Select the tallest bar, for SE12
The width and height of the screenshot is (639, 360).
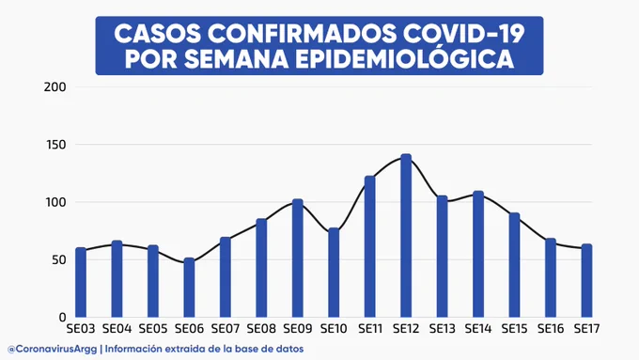pyautogui.click(x=406, y=236)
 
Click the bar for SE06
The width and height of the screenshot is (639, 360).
pyautogui.click(x=189, y=288)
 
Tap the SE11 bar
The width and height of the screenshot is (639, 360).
pyautogui.click(x=369, y=246)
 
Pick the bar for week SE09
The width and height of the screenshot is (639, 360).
pyautogui.click(x=298, y=258)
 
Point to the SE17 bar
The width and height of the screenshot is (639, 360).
pyautogui.click(x=586, y=281)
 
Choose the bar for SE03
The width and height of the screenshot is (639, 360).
pyautogui.click(x=81, y=283)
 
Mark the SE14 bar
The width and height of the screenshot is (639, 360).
pyautogui.click(x=478, y=254)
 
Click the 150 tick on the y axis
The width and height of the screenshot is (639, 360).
pyautogui.click(x=55, y=145)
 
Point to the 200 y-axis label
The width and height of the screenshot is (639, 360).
pyautogui.click(x=55, y=86)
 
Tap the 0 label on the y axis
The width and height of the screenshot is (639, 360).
pyautogui.click(x=62, y=317)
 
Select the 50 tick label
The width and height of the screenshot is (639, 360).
pyautogui.click(x=58, y=259)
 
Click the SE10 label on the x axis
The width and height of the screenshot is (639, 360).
pyautogui.click(x=334, y=329)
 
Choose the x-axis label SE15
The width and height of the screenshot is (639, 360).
pyautogui.click(x=514, y=329)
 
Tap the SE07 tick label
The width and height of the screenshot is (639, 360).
pyautogui.click(x=225, y=329)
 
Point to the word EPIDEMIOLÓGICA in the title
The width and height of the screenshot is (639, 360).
pyautogui.click(x=405, y=58)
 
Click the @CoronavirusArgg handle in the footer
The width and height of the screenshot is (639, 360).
pyautogui.click(x=53, y=350)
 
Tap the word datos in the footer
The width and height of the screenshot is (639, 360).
pyautogui.click(x=292, y=350)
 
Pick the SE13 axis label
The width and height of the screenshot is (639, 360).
pyautogui.click(x=443, y=329)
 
